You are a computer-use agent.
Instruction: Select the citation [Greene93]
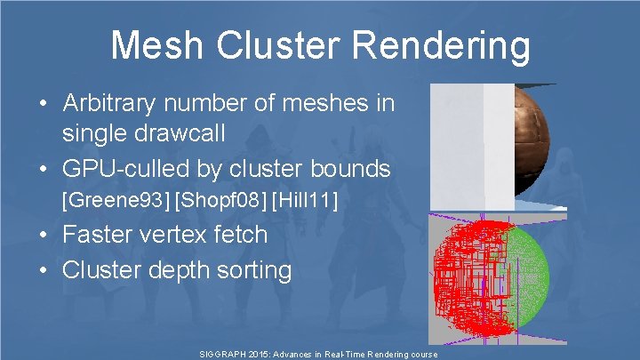pyautogui.click(x=116, y=202)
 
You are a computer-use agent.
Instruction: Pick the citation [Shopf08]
pyautogui.click(x=220, y=202)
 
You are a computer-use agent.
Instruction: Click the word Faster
pyautogui.click(x=97, y=235)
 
